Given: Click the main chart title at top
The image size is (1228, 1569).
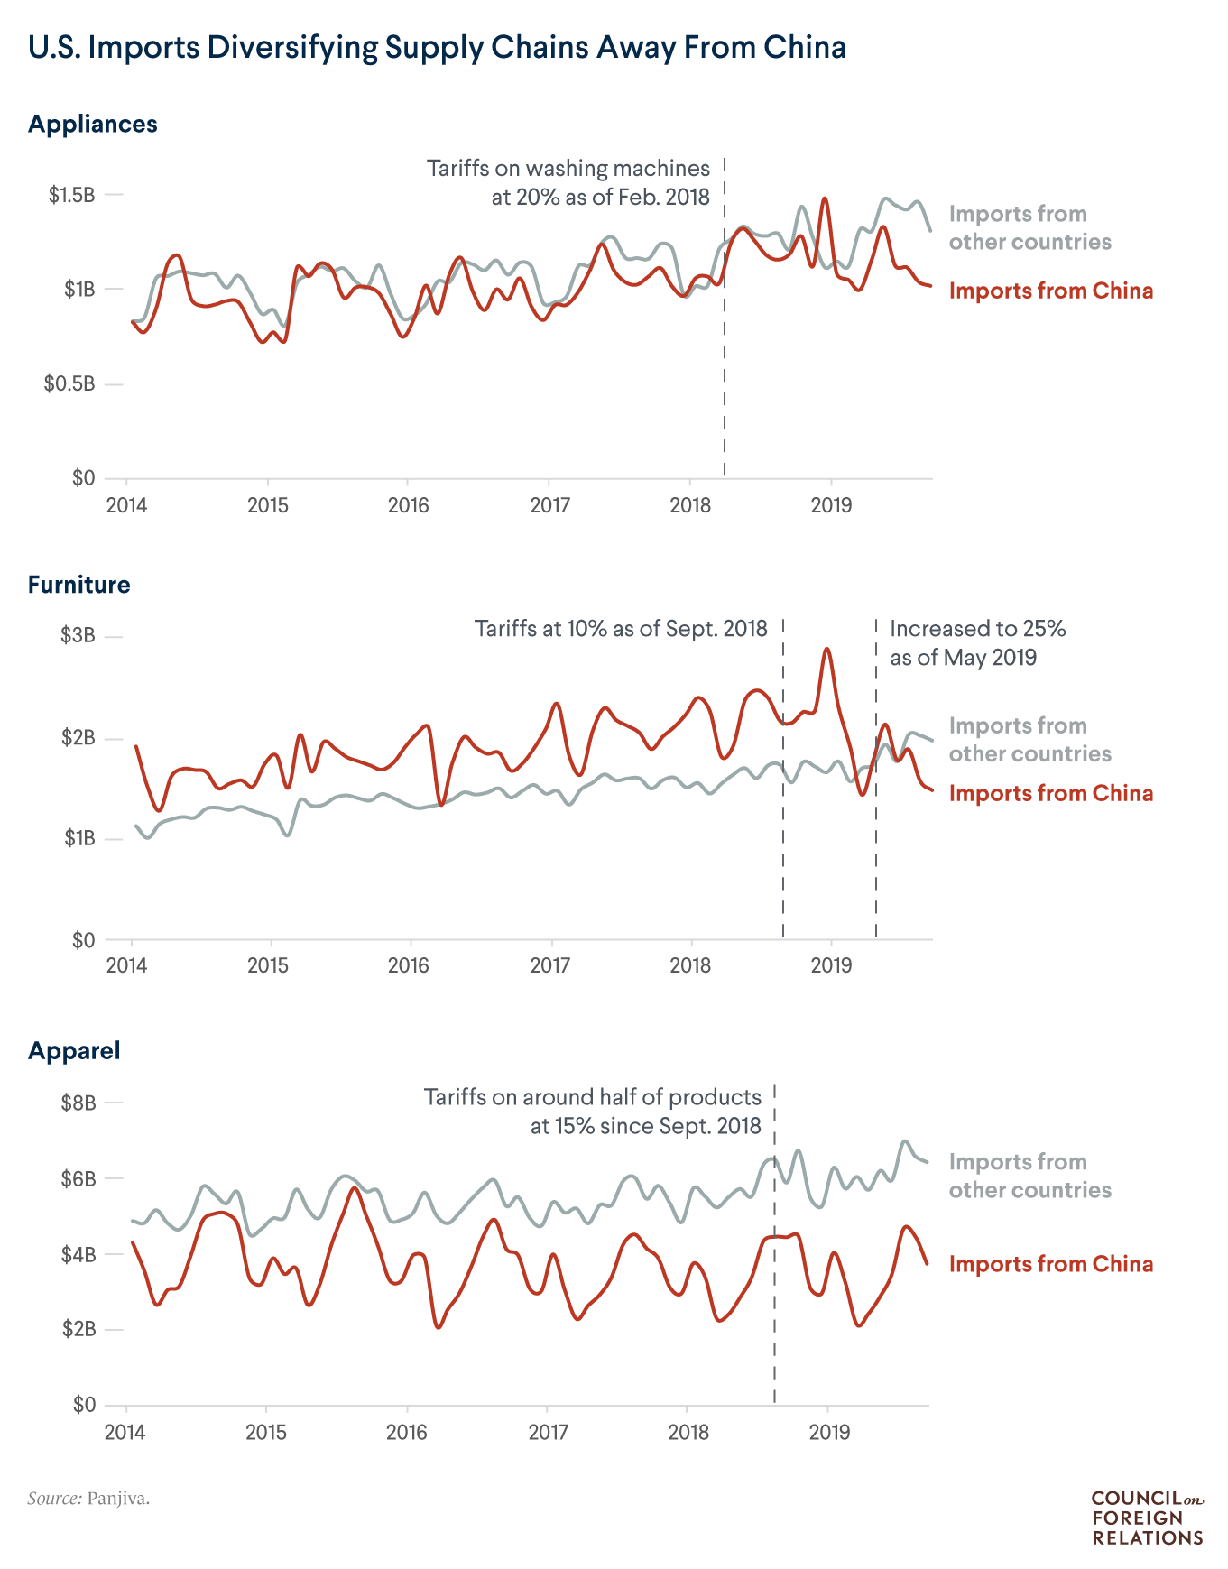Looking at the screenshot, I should point(437,47).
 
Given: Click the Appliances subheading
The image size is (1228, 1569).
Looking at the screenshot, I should point(92,124).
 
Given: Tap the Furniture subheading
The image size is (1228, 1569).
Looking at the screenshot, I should point(78,585).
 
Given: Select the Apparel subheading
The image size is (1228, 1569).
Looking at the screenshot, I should point(74,1050).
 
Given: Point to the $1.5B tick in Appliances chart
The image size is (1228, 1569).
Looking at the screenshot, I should point(71,195).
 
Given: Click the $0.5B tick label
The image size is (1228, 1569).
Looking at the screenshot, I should point(69,384).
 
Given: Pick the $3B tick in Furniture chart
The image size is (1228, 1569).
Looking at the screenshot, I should point(78,635).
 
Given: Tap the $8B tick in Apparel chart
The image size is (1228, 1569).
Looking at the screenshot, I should point(78,1103).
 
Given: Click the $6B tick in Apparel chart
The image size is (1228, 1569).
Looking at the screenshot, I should point(78,1178).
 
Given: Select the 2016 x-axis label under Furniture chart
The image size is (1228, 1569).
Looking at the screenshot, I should point(408,966).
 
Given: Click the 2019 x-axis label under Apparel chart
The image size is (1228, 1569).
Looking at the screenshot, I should point(829,1432).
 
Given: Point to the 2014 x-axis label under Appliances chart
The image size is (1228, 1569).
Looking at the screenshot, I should point(126,505).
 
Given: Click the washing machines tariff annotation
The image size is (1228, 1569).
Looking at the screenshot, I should point(568,182).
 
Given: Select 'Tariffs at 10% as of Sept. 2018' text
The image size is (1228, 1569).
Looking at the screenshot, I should point(621,628).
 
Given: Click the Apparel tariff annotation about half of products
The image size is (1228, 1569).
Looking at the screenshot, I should point(593,1111).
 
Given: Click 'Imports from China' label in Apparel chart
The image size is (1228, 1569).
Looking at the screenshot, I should point(1050,1263).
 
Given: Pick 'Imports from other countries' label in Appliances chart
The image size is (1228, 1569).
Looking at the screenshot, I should point(1029,227).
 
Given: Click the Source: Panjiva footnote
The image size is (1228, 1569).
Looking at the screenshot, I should point(88,1499).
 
